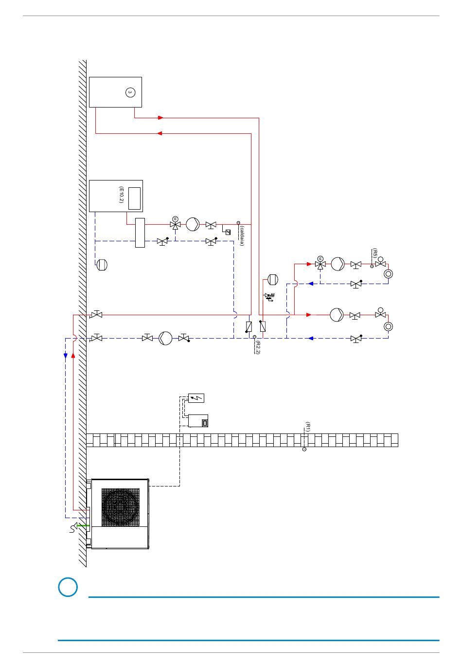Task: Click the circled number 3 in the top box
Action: [130, 92]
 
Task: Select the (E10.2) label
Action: [121, 195]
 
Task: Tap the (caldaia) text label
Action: [242, 236]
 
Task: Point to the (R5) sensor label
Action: [375, 253]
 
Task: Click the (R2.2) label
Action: [258, 347]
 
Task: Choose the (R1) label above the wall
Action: [308, 427]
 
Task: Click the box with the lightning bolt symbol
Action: [196, 398]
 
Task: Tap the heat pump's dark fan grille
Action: [121, 507]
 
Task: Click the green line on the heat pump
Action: [83, 526]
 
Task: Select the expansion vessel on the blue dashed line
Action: [102, 265]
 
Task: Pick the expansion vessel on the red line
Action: [273, 279]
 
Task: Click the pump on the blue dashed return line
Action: [165, 338]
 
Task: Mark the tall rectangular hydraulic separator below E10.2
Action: [140, 233]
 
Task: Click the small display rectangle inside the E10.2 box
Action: [134, 198]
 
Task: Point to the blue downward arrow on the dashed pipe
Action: [66, 356]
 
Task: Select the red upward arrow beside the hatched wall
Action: [73, 355]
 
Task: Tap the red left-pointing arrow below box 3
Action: [160, 133]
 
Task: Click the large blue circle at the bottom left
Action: [68, 587]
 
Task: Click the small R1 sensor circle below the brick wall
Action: [304, 449]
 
